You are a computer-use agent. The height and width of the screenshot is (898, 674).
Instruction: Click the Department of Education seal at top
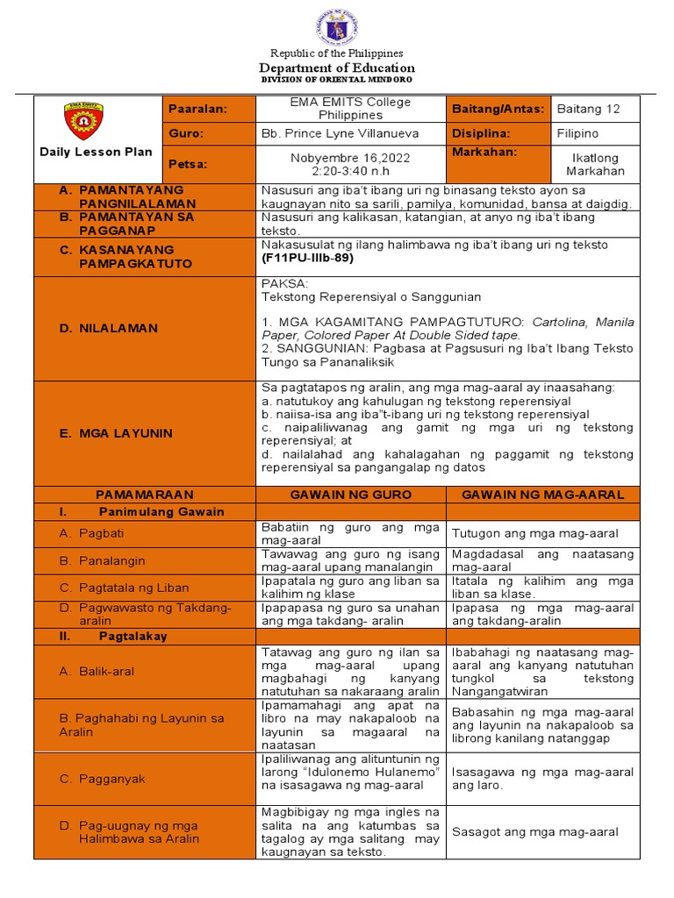(336, 26)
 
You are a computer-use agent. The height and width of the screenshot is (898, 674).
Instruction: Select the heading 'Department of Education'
(336, 68)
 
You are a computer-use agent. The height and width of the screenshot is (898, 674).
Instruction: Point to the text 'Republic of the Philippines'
(336, 53)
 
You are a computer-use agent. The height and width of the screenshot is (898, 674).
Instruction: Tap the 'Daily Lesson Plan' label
(96, 152)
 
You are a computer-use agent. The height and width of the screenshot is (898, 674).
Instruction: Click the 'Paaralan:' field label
(197, 109)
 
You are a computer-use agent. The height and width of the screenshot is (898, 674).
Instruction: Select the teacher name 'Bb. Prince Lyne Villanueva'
(341, 133)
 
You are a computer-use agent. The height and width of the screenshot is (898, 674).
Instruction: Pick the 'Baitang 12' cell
(588, 109)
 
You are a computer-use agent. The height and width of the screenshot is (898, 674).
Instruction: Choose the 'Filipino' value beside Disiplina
(577, 133)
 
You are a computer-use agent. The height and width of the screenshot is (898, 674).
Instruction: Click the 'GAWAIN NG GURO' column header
(350, 495)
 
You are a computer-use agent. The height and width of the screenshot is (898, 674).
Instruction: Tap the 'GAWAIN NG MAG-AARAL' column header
(542, 495)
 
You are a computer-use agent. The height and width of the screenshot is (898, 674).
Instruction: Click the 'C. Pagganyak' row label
(101, 779)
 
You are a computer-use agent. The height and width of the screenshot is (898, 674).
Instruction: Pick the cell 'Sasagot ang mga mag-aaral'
(534, 832)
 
